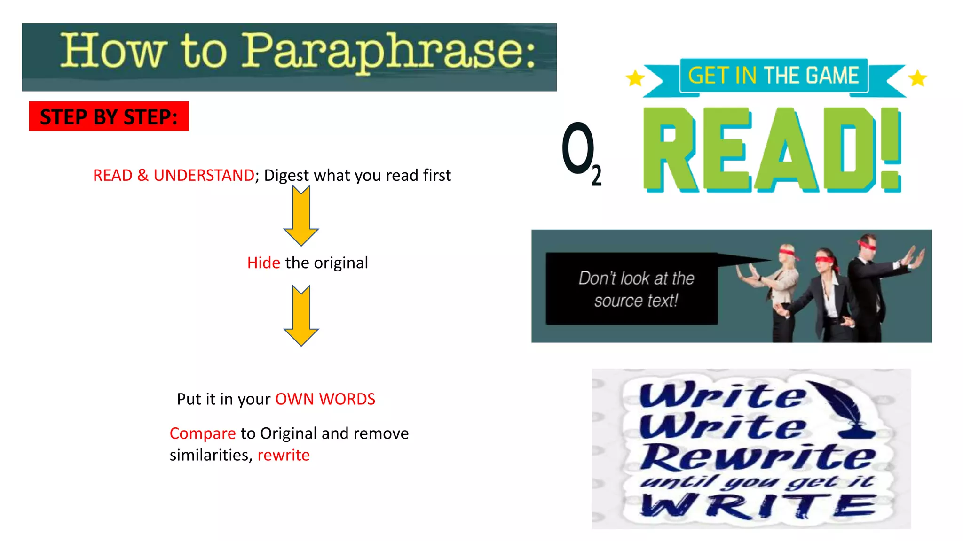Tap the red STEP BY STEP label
[x=109, y=116]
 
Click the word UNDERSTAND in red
[x=204, y=175]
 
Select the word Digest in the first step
[x=286, y=175]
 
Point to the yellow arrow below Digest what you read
[x=301, y=215]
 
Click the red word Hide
[x=263, y=263]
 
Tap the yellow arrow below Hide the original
[x=301, y=316]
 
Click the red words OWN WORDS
[x=325, y=399]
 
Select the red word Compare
[x=202, y=433]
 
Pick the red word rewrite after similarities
[x=284, y=455]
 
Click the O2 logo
[x=581, y=153]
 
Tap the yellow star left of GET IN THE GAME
[x=635, y=78]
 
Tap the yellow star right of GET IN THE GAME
[x=917, y=78]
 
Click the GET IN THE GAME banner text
[x=774, y=76]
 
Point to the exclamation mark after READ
[x=891, y=149]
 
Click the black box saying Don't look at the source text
[x=631, y=289]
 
